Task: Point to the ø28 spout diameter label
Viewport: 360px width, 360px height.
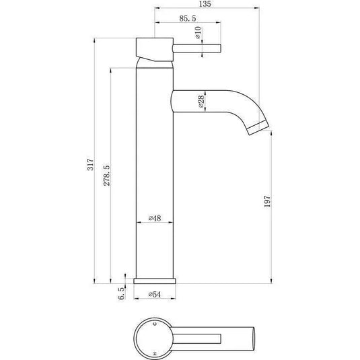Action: [201, 102]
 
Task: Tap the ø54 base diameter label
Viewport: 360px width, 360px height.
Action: [155, 295]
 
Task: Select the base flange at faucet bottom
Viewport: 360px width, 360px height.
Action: [155, 281]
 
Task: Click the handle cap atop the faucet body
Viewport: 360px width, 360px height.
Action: [155, 48]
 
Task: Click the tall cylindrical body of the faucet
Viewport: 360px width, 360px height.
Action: [155, 168]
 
